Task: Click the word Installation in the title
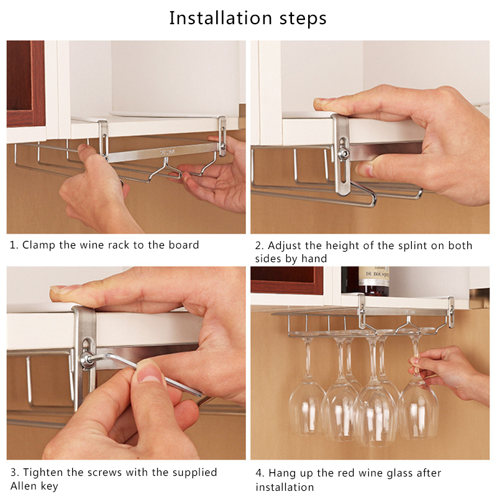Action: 221,18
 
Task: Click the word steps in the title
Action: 303,19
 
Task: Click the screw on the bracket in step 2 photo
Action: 343,153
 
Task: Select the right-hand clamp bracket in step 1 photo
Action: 222,135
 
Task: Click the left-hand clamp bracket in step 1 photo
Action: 103,140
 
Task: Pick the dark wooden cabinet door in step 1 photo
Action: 25,84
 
